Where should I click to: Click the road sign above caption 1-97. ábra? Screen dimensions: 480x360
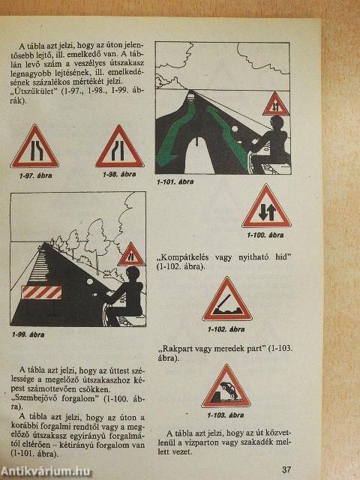34,147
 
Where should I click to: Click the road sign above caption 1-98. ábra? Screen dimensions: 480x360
119,147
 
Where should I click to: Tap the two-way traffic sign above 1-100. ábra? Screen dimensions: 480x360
266,208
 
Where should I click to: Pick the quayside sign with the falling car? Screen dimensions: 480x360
226,387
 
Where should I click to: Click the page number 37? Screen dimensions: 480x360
286,469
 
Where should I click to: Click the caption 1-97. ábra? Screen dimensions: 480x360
34,175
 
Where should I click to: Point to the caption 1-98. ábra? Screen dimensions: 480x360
119,174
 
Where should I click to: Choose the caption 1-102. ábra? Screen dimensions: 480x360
226,328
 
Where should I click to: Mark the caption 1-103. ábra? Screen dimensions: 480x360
226,415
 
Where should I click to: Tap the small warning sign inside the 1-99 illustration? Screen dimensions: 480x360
131,255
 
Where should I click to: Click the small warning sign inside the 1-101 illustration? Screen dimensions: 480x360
276,103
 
